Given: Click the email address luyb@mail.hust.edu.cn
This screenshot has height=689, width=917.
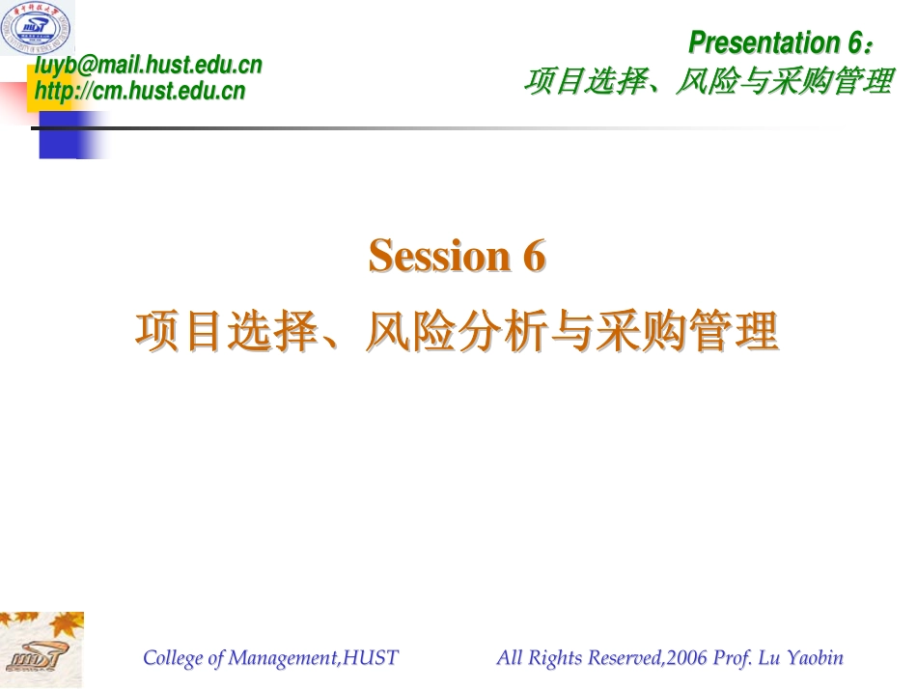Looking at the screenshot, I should click(x=149, y=65).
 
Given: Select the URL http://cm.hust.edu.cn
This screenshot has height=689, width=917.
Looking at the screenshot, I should click(x=140, y=92).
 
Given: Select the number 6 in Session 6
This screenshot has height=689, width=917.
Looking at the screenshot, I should click(x=535, y=256).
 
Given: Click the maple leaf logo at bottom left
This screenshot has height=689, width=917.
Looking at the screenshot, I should click(x=42, y=648).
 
